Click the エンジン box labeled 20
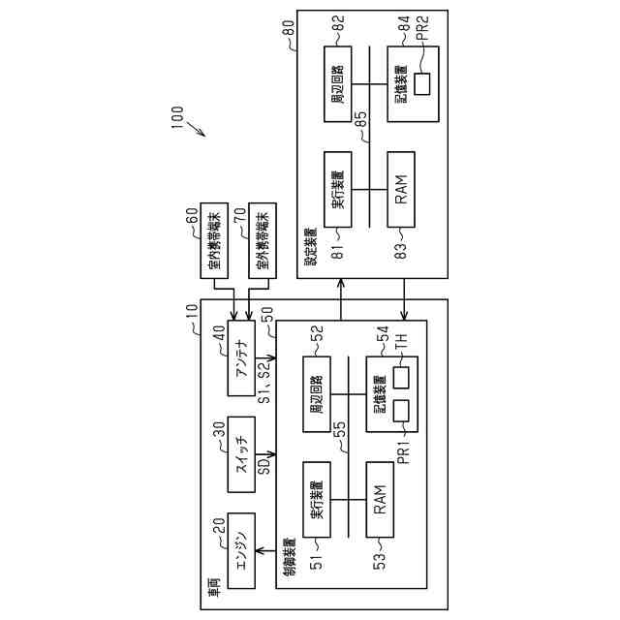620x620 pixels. [241, 550]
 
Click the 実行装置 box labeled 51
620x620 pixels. [317, 498]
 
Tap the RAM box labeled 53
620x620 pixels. [381, 498]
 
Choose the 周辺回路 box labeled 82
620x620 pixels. [339, 84]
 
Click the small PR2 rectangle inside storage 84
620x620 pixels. [422, 84]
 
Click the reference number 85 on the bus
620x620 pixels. [360, 121]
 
